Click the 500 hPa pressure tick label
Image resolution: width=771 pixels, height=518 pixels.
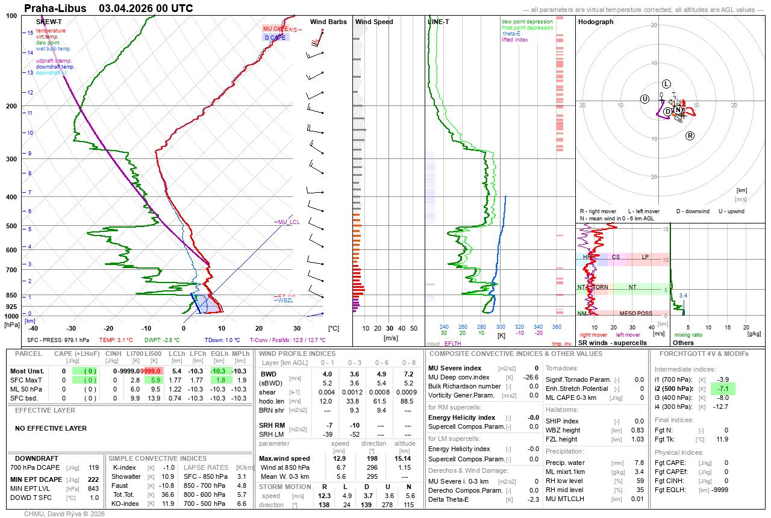pos(11,226)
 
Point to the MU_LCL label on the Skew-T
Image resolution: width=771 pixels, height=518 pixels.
pos(289,222)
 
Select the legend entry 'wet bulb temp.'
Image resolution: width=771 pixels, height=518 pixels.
pos(54,49)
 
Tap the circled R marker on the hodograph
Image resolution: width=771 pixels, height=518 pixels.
pos(690,136)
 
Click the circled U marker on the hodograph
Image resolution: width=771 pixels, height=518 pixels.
pos(645,99)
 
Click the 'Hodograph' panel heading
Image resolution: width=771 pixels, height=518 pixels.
pos(596,22)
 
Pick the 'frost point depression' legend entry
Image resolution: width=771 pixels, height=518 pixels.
pos(527,28)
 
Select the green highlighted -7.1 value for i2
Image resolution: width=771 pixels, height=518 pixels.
pos(723,389)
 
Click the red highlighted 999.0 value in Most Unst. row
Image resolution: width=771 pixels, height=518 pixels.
pos(151,371)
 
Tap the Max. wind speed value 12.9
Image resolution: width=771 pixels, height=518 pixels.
pos(339,458)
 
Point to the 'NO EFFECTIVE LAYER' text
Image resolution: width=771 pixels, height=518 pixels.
pos(51,428)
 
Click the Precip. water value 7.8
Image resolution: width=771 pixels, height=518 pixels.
pos(638,463)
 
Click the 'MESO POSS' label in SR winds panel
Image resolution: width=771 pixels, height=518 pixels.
pos(636,313)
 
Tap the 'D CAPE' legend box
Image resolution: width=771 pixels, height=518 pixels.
pos(275,37)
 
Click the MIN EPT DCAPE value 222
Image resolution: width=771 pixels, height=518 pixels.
pos(93,479)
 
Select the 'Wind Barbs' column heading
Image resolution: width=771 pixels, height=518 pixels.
pos(328,22)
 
